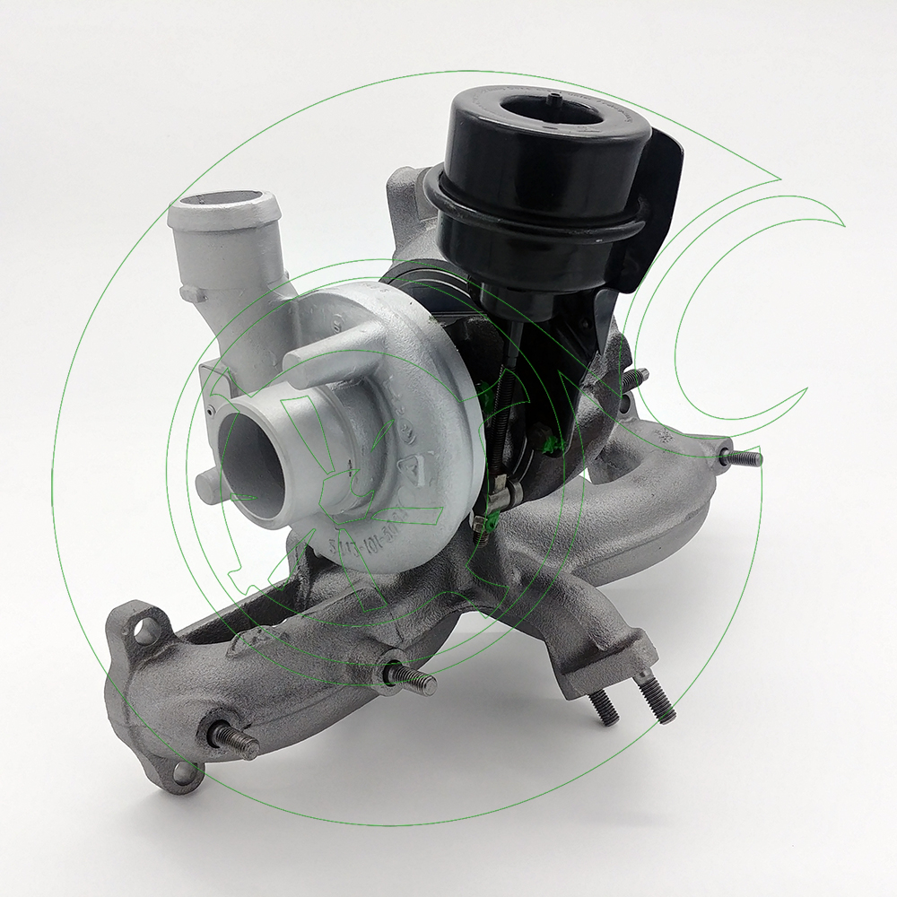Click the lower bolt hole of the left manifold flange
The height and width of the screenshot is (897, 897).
[x=183, y=771]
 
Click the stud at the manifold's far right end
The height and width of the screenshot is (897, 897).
[x=742, y=457]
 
